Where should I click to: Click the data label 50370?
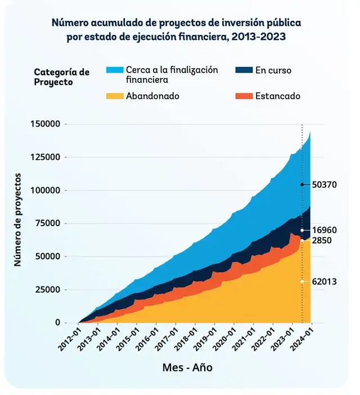(x=324, y=185)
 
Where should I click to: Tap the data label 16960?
(x=324, y=230)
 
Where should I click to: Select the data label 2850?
(x=322, y=240)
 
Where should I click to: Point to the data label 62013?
(x=324, y=281)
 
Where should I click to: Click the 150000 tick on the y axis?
(x=47, y=124)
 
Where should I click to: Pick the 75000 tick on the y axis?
(x=49, y=223)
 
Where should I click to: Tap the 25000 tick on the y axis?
(x=49, y=290)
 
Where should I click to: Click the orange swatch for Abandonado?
(x=114, y=96)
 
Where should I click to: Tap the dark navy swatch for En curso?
(x=243, y=70)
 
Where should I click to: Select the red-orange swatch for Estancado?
(x=243, y=96)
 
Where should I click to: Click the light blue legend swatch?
(x=114, y=70)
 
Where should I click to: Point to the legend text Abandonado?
(x=152, y=96)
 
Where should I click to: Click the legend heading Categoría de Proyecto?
(x=61, y=77)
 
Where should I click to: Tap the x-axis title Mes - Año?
(x=187, y=367)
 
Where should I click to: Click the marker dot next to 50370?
(x=302, y=185)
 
